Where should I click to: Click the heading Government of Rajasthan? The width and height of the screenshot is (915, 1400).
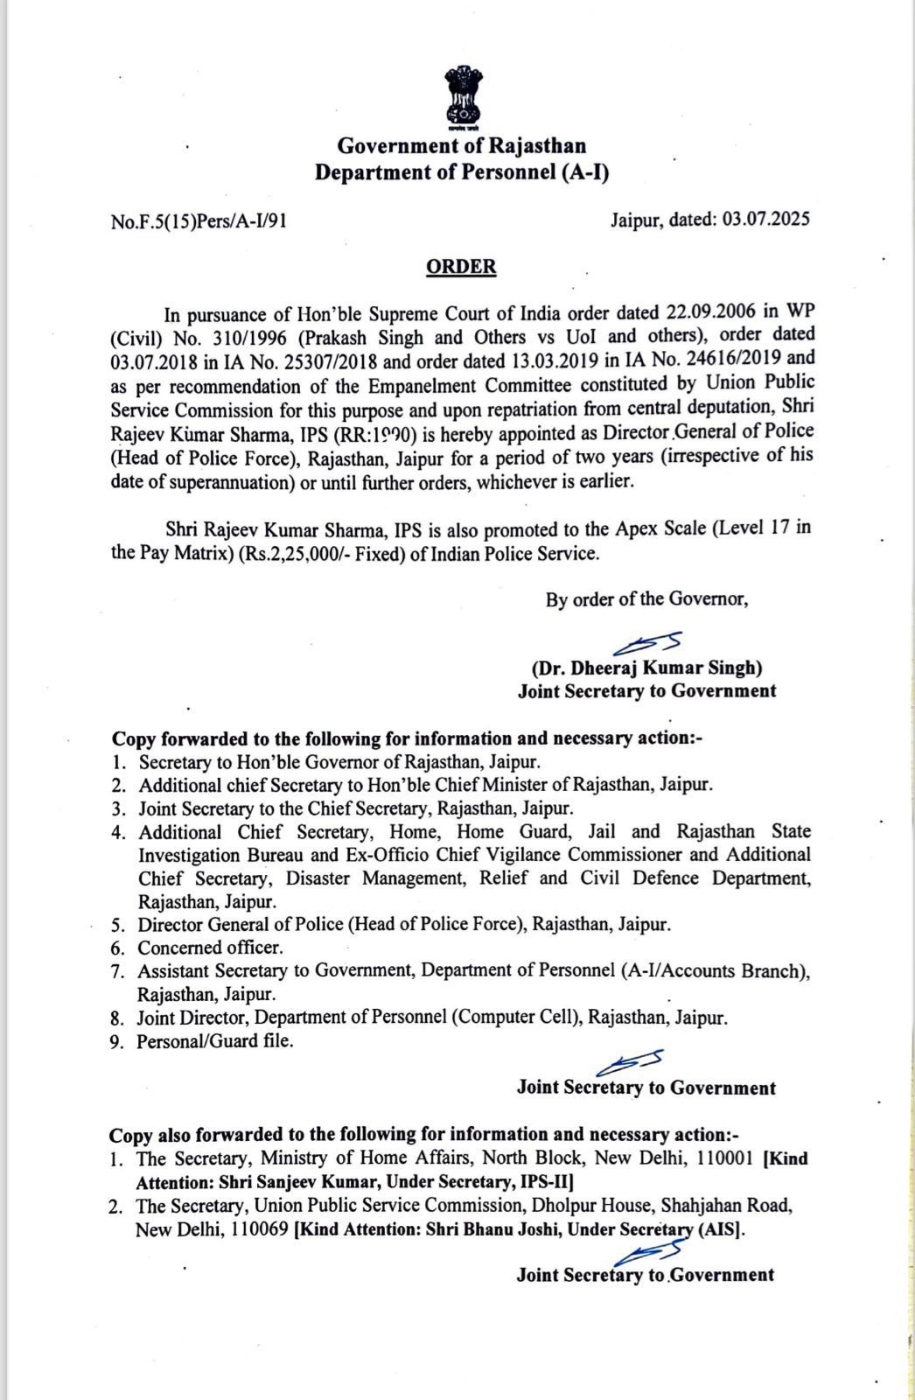[462, 145]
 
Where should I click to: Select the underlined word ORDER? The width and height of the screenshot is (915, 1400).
[461, 267]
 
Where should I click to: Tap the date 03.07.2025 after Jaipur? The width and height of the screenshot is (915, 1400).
[766, 219]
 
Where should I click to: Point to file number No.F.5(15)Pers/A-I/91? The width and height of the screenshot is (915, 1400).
[199, 221]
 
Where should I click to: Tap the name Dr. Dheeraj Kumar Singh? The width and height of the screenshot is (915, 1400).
[647, 668]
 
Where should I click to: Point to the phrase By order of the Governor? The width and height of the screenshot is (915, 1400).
[647, 599]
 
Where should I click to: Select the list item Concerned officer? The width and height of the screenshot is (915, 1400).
[210, 948]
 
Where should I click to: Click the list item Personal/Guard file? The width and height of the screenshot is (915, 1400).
[215, 1041]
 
